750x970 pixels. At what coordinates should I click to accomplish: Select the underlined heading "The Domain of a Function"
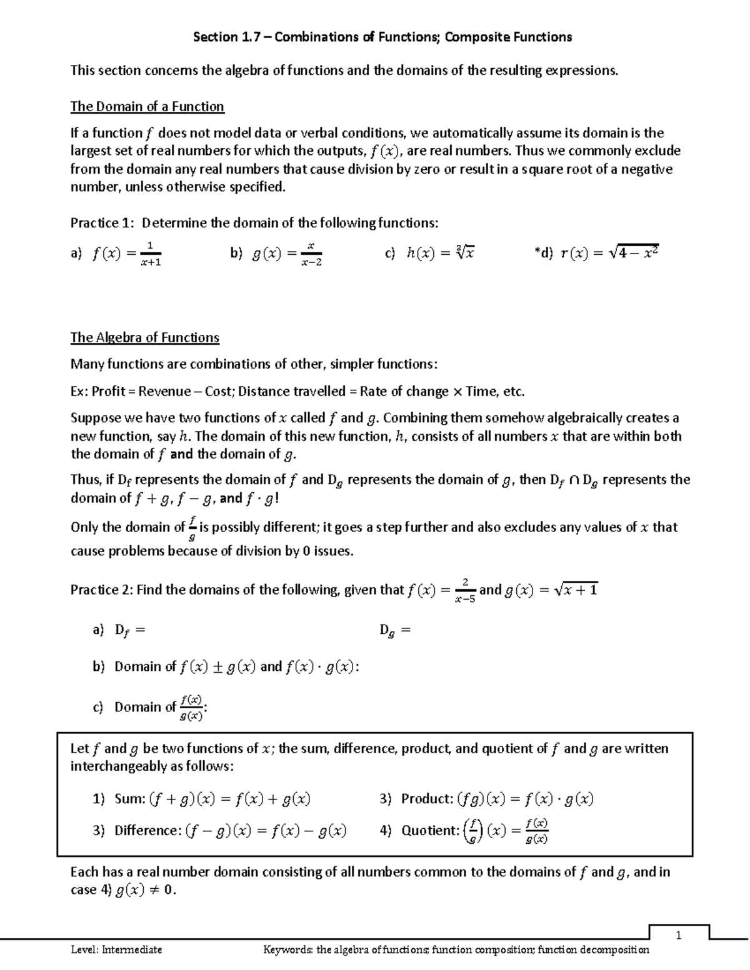point(147,106)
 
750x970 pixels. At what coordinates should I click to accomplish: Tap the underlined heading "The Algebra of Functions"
point(144,337)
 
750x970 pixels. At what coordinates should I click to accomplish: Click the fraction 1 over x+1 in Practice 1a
point(151,254)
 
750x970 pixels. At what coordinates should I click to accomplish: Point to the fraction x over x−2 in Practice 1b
point(311,254)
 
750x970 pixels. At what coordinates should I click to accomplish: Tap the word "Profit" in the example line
point(108,392)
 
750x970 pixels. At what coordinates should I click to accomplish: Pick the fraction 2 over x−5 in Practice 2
point(465,590)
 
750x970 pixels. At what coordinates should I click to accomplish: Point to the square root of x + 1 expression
point(576,589)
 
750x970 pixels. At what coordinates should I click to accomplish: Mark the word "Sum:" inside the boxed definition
point(130,798)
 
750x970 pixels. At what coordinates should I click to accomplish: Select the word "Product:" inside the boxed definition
point(427,798)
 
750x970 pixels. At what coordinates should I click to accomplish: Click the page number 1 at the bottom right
point(679,935)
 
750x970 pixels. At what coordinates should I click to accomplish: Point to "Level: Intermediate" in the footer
point(116,950)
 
